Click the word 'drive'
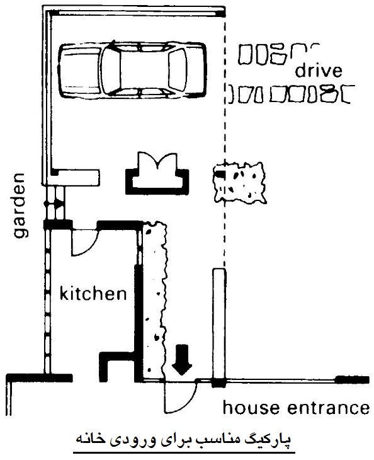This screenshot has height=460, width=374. click(x=319, y=71)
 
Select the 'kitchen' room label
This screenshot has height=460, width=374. click(x=93, y=294)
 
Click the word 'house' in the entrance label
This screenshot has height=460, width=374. click(x=251, y=408)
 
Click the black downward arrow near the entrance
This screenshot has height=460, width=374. click(x=182, y=360)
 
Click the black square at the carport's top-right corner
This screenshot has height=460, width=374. click(x=221, y=13)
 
